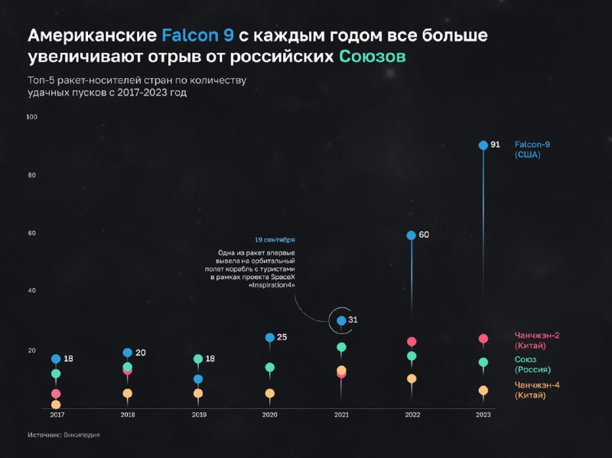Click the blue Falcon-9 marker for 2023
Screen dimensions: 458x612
483,145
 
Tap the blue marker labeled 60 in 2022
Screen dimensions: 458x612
411,235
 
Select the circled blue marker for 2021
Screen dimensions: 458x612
341,320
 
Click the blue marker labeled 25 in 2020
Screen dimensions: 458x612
269,337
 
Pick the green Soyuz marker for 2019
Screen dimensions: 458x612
198,359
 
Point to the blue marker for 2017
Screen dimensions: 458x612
56,359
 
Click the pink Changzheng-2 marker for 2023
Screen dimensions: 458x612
483,339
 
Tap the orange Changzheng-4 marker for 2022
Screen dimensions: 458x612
412,378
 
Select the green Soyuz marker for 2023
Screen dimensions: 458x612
483,362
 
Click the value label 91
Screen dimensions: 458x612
495,145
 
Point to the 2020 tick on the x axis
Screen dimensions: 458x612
269,414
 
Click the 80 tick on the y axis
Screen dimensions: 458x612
31,175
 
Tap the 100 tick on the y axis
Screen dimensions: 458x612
31,117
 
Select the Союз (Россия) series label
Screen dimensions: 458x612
532,364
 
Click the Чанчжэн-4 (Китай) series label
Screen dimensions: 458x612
536,390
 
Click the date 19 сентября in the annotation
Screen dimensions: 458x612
275,239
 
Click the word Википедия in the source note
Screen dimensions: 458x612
82,435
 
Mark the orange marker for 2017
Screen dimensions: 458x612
56,404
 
